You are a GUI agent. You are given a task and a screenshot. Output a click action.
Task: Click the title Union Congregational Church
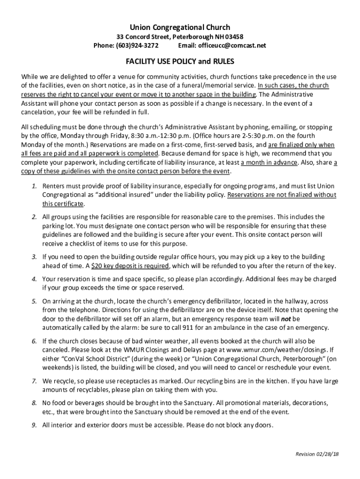[x=180, y=28]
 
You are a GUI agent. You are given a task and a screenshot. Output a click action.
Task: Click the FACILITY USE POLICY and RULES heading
[x=180, y=62]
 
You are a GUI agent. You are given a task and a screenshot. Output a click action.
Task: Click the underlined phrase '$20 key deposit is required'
[x=130, y=266]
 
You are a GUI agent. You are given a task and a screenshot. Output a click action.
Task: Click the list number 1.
[x=34, y=186]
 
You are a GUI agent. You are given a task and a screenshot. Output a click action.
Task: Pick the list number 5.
[x=34, y=301]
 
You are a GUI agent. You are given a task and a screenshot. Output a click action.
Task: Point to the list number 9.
[x=34, y=425]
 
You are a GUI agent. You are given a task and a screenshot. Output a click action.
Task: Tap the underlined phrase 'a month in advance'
[x=269, y=162]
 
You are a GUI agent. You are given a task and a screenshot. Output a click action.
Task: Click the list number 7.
[x=34, y=381]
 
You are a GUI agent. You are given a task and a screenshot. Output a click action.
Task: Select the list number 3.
[x=34, y=257]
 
